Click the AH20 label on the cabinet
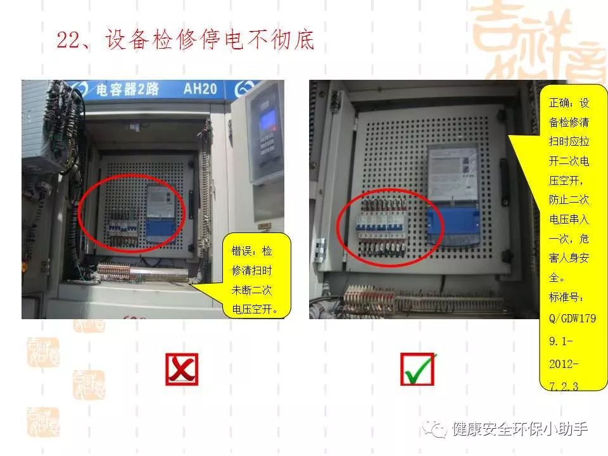200,89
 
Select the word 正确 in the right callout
559,103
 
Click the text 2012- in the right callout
563,365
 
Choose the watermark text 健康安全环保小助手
519,429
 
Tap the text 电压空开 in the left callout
256,310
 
